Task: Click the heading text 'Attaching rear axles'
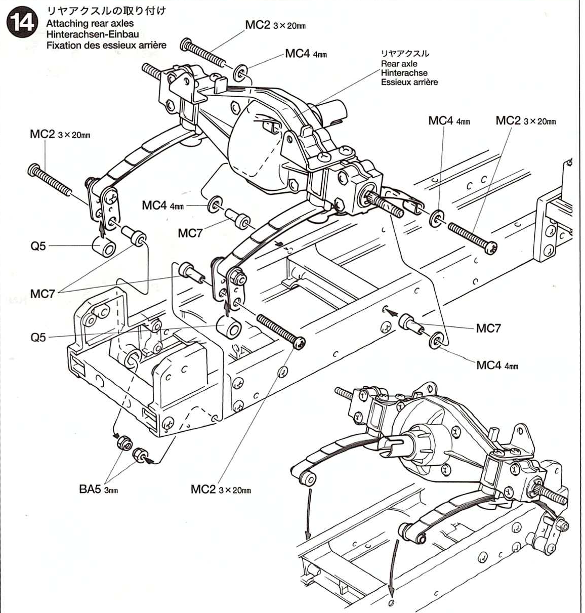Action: (x=90, y=24)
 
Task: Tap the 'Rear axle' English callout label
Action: (x=399, y=64)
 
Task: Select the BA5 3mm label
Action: (x=98, y=489)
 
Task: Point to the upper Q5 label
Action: (x=38, y=246)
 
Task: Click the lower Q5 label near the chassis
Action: (x=38, y=337)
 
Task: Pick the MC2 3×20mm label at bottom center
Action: (x=221, y=489)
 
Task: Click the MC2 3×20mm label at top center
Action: (x=275, y=25)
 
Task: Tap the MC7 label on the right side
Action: (x=488, y=329)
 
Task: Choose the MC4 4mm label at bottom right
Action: (x=497, y=365)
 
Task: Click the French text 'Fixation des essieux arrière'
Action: (x=106, y=45)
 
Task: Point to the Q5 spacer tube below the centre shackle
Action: (x=230, y=328)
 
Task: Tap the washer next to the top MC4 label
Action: (x=241, y=72)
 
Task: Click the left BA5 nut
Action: (x=122, y=442)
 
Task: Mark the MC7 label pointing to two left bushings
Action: (x=43, y=294)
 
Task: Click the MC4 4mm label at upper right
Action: (x=449, y=121)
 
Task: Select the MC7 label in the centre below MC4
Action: (x=190, y=233)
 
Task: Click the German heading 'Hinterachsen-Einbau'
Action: (x=92, y=34)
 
